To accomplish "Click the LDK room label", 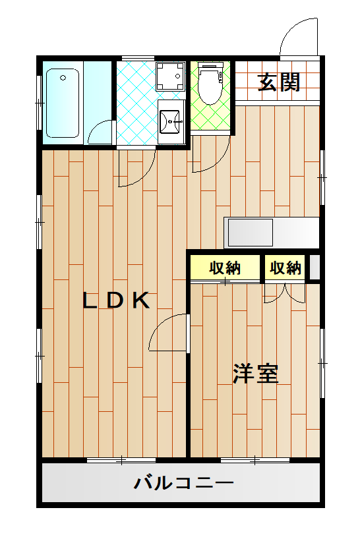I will (x=117, y=300).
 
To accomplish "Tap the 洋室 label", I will (x=255, y=374).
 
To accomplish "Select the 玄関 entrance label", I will (x=279, y=82).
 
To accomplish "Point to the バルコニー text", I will (x=184, y=484).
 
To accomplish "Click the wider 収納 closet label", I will (x=225, y=268).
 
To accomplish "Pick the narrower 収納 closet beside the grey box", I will (x=285, y=268).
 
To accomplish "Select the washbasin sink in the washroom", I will (x=173, y=120).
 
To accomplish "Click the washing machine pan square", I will (x=171, y=76).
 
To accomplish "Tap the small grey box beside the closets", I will (x=315, y=268).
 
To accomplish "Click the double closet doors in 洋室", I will (x=285, y=292).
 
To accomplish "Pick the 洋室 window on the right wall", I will (x=322, y=362).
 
